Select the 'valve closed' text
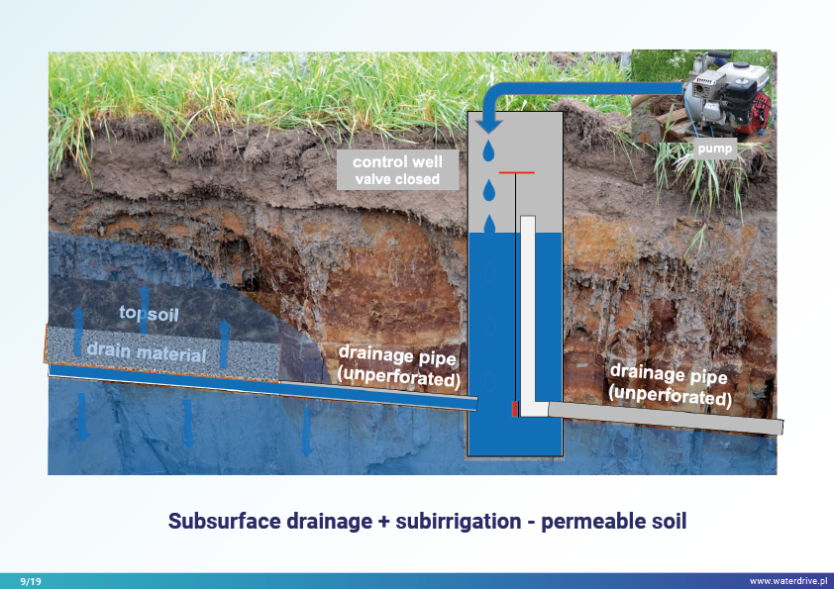[x=396, y=179]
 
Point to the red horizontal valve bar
[x=516, y=172]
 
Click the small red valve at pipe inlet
[x=515, y=409]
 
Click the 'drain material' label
[x=146, y=353]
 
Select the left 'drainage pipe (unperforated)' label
[x=399, y=364]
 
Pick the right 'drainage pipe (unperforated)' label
[x=671, y=385]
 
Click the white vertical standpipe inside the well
[x=528, y=307]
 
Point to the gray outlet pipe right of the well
[x=664, y=417]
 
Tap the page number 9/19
[x=32, y=580]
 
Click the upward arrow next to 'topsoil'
[x=144, y=301]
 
